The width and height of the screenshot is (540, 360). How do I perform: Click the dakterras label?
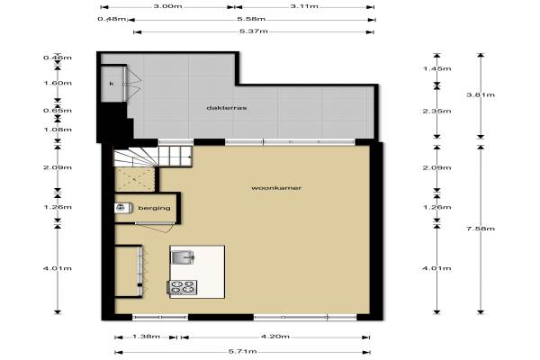pos(226,108)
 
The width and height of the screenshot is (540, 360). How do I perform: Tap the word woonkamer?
pos(276,188)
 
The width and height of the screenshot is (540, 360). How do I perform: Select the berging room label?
pos(154,208)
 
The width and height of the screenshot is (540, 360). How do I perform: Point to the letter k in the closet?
pos(112,84)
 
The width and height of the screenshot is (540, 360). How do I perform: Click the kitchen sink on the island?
pos(183,256)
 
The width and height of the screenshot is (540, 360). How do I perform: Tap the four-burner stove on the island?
pos(183,287)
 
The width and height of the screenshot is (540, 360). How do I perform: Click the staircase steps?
pos(153,156)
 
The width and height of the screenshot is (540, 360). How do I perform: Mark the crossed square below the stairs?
pos(134,179)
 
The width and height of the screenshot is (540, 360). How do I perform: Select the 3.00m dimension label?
pos(167,6)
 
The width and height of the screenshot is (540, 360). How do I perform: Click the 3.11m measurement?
pos(304,6)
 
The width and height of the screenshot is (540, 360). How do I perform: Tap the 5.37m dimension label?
pos(254,31)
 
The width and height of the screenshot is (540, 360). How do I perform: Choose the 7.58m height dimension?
pos(481,229)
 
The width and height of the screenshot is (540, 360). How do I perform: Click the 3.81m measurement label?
pos(481,94)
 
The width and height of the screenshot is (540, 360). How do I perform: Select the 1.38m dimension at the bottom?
pos(146,337)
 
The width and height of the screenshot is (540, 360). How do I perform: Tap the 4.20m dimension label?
pos(274,337)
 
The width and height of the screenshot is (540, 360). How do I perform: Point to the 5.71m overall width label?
pos(242,351)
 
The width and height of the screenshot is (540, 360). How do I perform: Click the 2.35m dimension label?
pos(436,111)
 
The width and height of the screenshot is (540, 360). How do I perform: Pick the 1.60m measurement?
pos(58,83)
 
